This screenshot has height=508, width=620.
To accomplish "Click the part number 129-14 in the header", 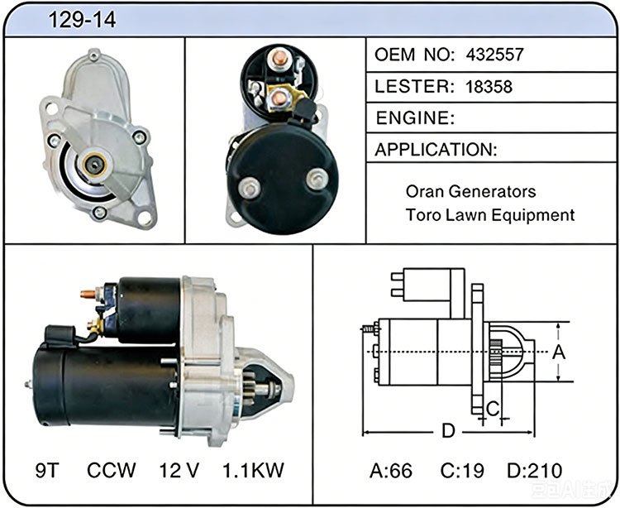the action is point(82,20).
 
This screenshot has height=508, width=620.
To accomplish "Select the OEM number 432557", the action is point(494,55).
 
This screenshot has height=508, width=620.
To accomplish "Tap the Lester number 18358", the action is point(489,87).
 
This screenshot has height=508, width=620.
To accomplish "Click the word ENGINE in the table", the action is point(415,118).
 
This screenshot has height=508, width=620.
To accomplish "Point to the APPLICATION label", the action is point(436,150).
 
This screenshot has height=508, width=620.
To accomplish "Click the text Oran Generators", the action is point(470,191).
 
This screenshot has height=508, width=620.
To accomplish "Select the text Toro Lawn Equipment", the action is point(490,215).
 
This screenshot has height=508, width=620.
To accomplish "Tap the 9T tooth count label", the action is point(47,471).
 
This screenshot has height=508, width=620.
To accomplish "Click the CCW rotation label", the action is point(111,471).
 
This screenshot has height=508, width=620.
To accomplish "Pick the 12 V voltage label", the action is point(179,471).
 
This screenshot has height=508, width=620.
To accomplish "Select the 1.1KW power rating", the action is point(254,471).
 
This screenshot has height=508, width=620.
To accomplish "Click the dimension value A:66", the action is point(391,471).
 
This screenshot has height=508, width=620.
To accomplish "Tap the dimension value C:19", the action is point(462,471).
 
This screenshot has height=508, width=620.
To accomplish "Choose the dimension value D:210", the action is point(535,471).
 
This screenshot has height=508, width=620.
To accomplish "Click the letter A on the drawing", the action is point(559,352).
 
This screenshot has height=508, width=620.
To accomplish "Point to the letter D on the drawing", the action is point(448,431).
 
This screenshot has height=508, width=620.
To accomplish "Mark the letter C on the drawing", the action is point(493,409).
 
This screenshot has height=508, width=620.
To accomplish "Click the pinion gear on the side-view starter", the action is point(250,387).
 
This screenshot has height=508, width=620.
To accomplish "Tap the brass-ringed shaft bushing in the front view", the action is point(95,164).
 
